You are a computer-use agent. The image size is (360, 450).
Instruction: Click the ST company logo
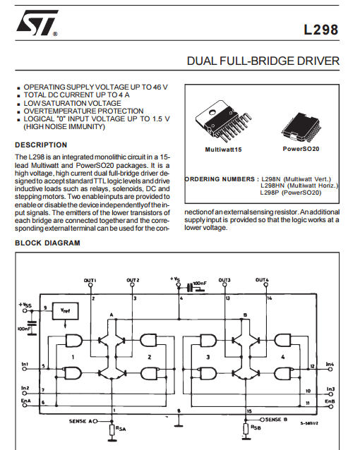coord(37,23)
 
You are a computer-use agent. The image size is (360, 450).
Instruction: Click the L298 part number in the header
coord(321,30)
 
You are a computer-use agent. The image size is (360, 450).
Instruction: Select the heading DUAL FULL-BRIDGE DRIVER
coord(263,61)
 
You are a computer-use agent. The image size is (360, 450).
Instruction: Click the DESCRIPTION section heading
coord(41,145)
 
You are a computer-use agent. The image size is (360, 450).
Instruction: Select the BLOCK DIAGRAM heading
coord(47,243)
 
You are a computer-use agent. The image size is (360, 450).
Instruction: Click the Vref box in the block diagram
coord(65,311)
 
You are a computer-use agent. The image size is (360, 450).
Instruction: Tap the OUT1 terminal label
coord(90,280)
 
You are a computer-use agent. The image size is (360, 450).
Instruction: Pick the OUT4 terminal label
coord(262,280)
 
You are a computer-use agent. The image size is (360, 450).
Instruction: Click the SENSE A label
coord(80,421)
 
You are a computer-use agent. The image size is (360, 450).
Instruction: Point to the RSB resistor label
coord(256,427)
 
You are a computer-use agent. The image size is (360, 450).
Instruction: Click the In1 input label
coord(25,364)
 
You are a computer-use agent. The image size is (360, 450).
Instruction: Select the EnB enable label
coord(330,401)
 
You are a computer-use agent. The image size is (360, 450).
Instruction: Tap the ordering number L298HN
coord(272,186)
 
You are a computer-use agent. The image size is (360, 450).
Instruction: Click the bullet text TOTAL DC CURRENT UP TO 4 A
coord(76,95)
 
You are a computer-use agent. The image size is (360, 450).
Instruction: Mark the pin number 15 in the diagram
coord(249,411)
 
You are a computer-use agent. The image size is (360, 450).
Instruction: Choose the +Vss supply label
coord(25,305)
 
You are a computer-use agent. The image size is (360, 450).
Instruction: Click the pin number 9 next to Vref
coord(45,308)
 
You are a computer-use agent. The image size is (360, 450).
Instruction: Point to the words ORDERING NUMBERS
coord(220,179)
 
